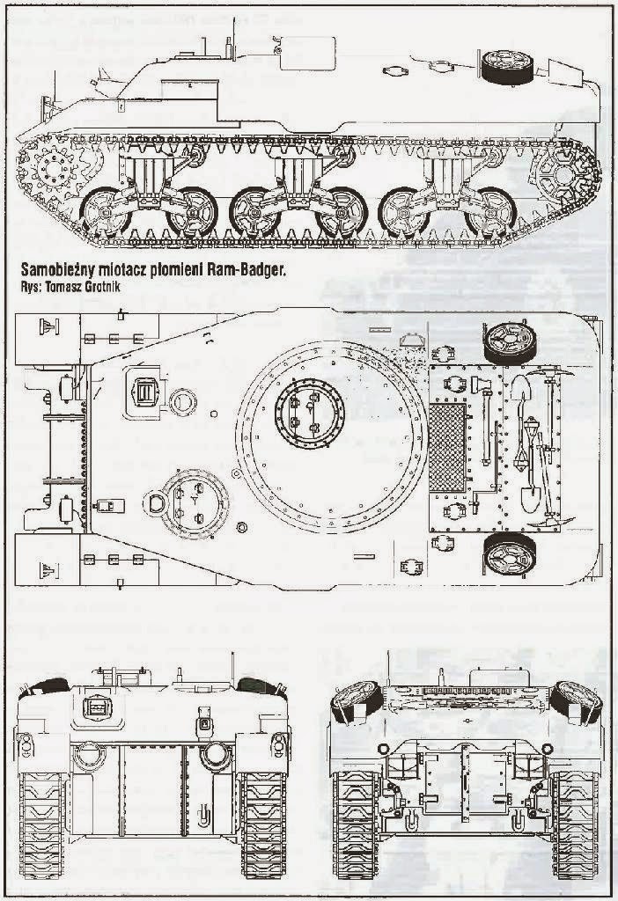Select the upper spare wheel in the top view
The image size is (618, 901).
click(x=508, y=338)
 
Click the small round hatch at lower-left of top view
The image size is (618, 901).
click(x=188, y=501)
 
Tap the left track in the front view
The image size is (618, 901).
click(x=41, y=823)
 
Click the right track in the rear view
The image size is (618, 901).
click(x=574, y=823)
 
